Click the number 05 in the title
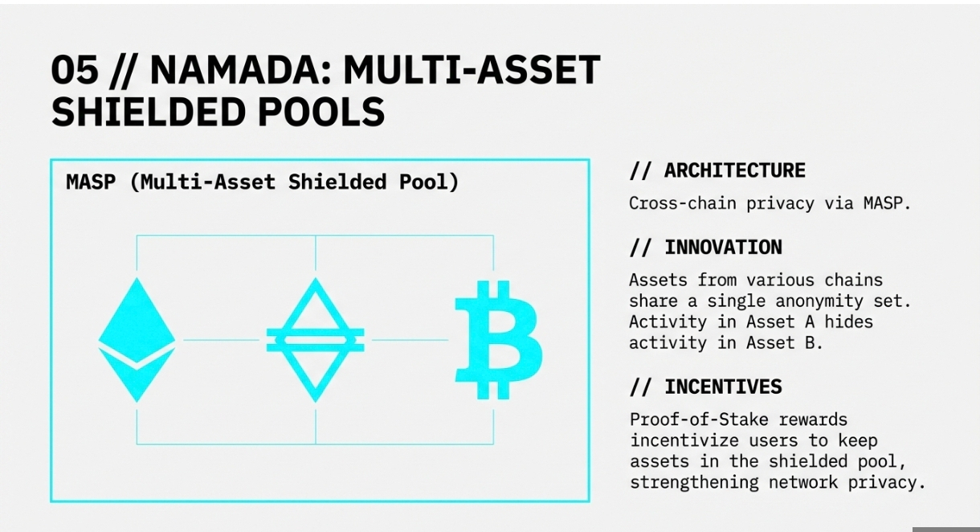pyautogui.click(x=75, y=70)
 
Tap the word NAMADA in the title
pyautogui.click(x=241, y=70)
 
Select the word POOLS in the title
pyautogui.click(x=321, y=112)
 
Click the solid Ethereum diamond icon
pyautogui.click(x=137, y=340)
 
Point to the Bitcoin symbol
pyautogui.click(x=499, y=340)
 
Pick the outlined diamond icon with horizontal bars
pyautogui.click(x=316, y=340)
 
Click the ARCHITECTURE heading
pyautogui.click(x=734, y=170)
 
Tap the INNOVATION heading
pyautogui.click(x=723, y=248)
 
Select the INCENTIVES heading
pyautogui.click(x=723, y=387)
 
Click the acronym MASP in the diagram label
pyautogui.click(x=91, y=182)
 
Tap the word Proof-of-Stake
pyautogui.click(x=699, y=420)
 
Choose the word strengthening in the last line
pyautogui.click(x=694, y=482)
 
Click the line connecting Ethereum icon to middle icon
pyautogui.click(x=222, y=340)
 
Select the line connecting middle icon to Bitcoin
pyautogui.click(x=410, y=340)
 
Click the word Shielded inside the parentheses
pyautogui.click(x=337, y=182)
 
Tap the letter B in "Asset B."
pyautogui.click(x=810, y=343)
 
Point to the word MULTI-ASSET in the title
pyautogui.click(x=472, y=70)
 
